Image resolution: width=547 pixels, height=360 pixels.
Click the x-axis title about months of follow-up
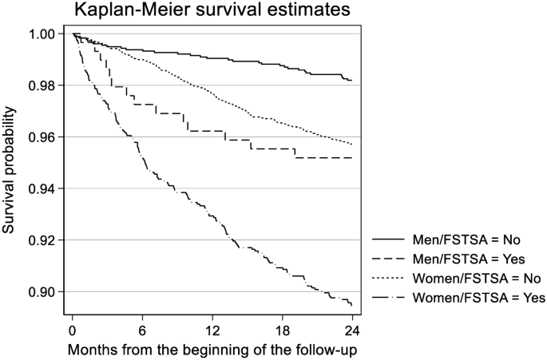pos(212,351)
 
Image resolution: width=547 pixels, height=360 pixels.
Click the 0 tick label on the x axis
pos(73,330)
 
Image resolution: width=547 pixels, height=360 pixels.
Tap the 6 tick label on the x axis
pos(142,330)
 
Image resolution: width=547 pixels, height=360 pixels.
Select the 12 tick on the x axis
pos(212,330)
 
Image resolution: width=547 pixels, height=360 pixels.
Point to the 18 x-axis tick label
pos(281,330)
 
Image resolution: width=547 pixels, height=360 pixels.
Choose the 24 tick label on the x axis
pos(351,330)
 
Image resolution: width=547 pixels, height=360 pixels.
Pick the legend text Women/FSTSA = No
pos(478,278)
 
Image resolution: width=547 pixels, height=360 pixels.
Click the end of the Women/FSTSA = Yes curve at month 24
pos(351,305)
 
